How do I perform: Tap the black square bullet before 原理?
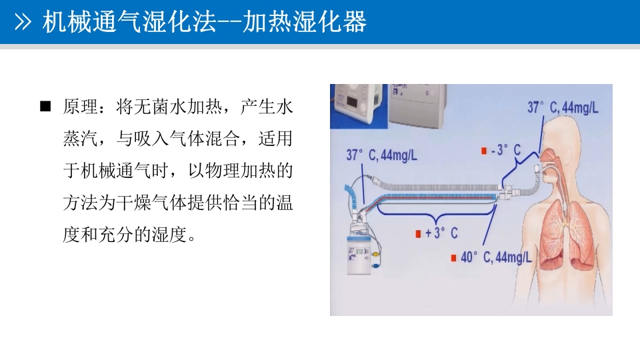tap(45, 107)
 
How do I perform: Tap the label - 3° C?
tap(506, 151)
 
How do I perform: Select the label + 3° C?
tap(441, 233)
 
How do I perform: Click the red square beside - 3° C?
tap(485, 151)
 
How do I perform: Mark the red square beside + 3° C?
tap(418, 234)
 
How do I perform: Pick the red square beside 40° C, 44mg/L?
tap(454, 257)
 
